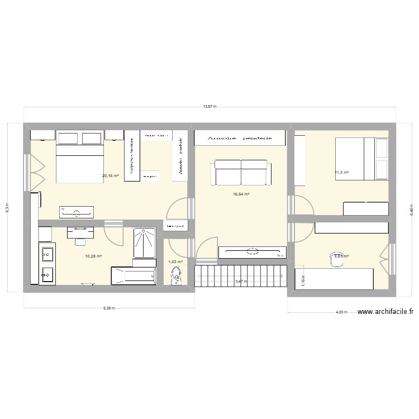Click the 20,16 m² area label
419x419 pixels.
click(x=110, y=176)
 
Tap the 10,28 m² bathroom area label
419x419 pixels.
click(x=93, y=256)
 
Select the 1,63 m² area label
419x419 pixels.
click(x=175, y=261)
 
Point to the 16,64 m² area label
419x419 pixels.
click(x=241, y=194)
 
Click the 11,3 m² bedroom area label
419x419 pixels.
click(x=341, y=172)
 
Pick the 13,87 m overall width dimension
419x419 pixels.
click(x=209, y=106)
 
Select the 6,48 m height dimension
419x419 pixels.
click(x=412, y=208)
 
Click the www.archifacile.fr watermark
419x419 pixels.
click(x=385, y=313)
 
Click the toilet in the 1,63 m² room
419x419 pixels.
click(x=177, y=275)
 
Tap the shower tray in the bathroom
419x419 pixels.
click(x=144, y=243)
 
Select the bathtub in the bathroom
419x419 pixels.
click(x=133, y=275)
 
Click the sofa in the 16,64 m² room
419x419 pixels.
click(x=241, y=172)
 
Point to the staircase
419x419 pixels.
click(x=241, y=276)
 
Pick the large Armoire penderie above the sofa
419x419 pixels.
click(x=240, y=137)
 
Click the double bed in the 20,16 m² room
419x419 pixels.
click(x=80, y=157)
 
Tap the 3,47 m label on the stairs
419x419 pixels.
click(x=241, y=282)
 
